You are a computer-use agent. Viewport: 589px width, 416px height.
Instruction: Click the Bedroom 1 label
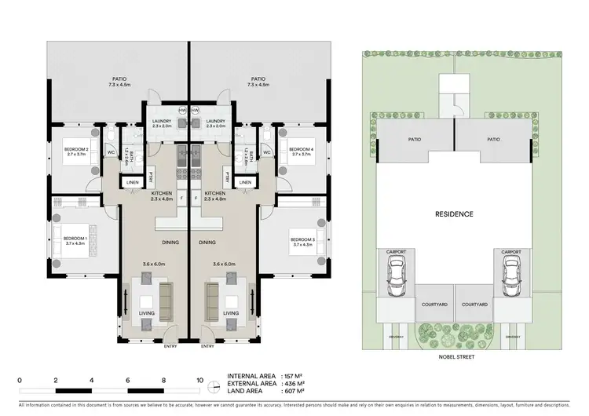pos(74,238)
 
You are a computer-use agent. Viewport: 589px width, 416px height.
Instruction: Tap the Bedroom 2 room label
pos(75,149)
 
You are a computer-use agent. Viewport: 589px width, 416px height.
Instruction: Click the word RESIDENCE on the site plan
pos(454,213)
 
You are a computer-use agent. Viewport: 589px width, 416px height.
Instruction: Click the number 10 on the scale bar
pos(200,380)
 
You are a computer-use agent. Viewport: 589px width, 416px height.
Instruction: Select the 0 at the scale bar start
pos(20,380)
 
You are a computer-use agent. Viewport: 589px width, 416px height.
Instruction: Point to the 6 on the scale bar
pos(128,380)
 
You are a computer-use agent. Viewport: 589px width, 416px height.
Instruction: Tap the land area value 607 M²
pos(292,392)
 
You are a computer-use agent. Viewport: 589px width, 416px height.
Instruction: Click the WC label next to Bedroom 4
pos(267,152)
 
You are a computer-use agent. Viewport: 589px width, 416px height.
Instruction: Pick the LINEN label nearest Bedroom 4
pos(245,182)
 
